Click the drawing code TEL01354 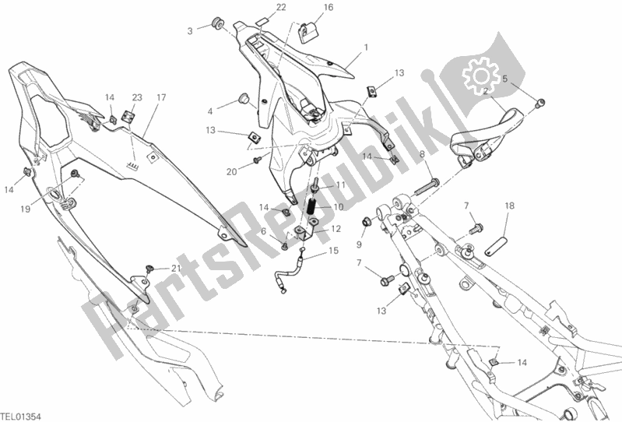20,416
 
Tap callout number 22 281,7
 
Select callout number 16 329,7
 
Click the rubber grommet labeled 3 218,23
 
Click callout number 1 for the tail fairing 366,47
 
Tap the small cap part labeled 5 540,103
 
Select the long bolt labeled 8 427,188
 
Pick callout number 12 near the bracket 336,229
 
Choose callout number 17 161,97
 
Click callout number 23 137,97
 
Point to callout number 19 26,209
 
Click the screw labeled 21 149,268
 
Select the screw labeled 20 257,160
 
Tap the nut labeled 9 366,222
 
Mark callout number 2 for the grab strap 485,92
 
